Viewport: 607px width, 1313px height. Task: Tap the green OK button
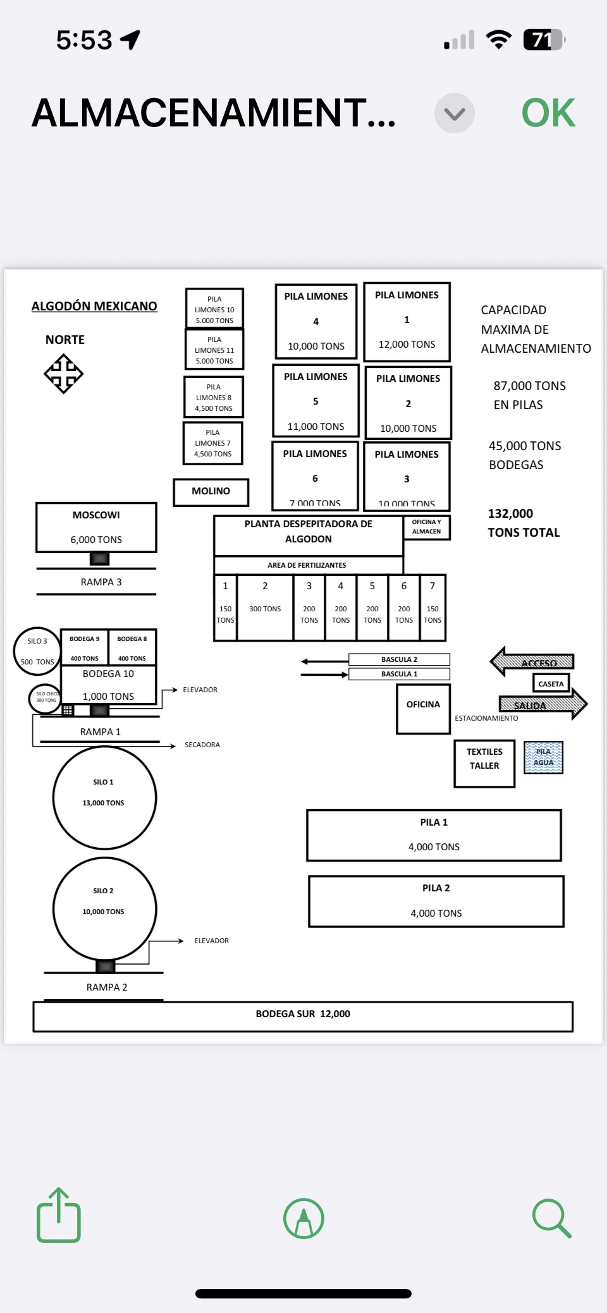[x=548, y=113]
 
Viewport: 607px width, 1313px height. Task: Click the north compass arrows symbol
[x=63, y=374]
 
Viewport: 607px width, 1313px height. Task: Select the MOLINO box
[x=211, y=492]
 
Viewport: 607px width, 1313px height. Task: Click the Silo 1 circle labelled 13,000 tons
[x=104, y=798]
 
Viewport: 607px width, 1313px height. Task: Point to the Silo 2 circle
[x=104, y=908]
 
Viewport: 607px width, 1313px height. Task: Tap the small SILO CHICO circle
[x=46, y=698]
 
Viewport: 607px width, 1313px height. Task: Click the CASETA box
[x=551, y=684]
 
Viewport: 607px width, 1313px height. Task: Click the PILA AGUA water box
[x=543, y=757]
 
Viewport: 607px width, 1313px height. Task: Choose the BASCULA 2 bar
[x=399, y=659]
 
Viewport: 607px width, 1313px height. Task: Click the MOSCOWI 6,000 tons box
[x=96, y=527]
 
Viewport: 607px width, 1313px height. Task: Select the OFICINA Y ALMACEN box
[x=427, y=527]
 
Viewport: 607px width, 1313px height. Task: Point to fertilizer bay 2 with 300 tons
[x=265, y=607]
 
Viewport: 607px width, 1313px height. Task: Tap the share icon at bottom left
[x=59, y=1216]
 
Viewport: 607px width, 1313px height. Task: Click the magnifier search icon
[x=552, y=1218]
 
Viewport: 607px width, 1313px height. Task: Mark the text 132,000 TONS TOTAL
[x=524, y=523]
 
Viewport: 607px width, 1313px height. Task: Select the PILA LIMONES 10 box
[x=214, y=309]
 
